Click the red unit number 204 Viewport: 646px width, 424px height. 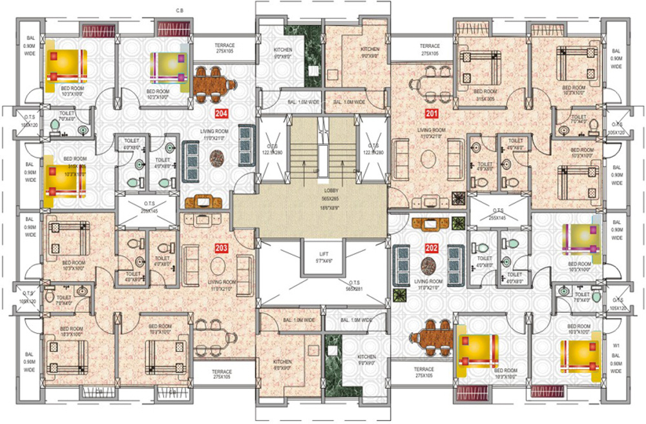[x=223, y=114]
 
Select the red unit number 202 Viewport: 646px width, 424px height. [x=432, y=247]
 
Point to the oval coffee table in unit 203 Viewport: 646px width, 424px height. [x=218, y=265]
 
